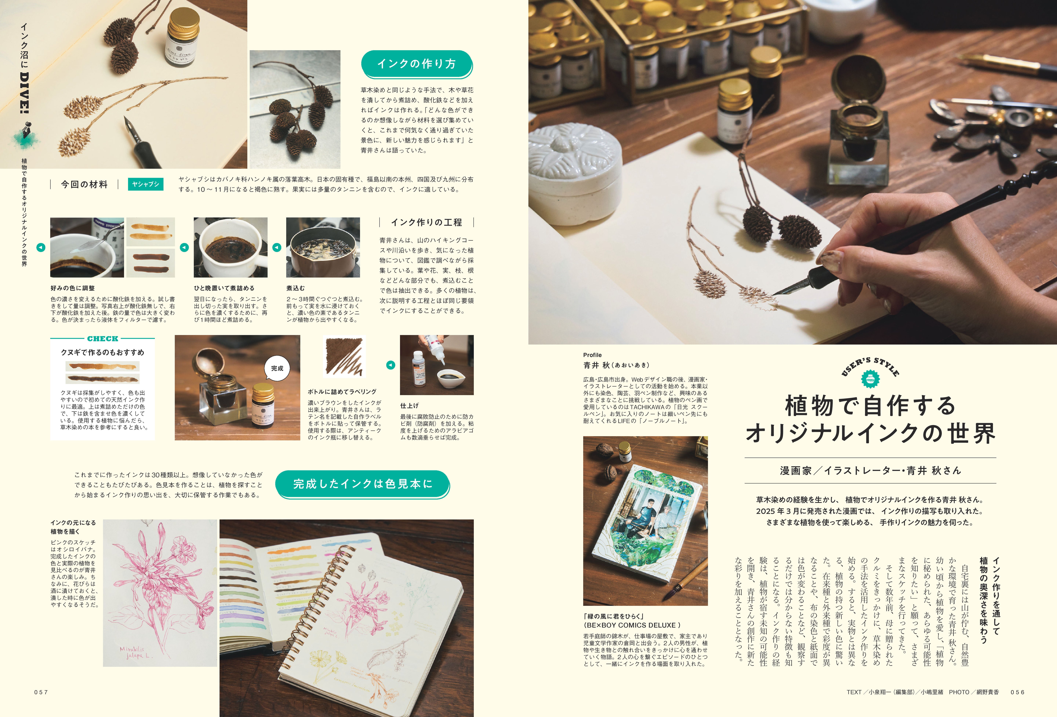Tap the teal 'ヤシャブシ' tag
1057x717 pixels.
(146, 184)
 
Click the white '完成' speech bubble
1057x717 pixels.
(277, 368)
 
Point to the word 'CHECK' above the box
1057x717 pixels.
(103, 339)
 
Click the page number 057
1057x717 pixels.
(41, 692)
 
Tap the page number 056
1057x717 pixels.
(1017, 692)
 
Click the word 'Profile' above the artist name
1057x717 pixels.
(592, 355)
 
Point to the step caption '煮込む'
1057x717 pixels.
(296, 288)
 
